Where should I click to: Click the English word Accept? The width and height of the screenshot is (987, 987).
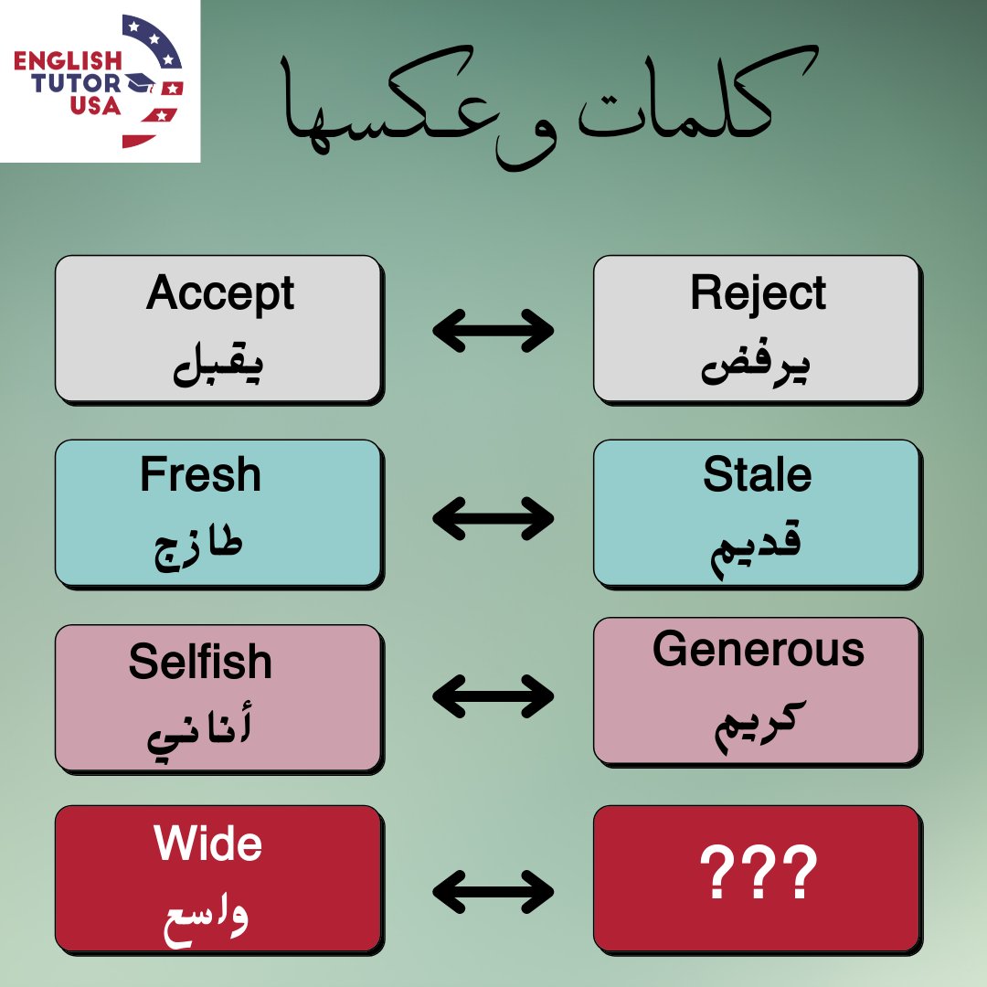219,294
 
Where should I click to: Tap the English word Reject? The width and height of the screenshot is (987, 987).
758,294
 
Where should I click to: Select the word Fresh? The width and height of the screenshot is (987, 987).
200,475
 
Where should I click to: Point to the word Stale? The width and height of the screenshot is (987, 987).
757,475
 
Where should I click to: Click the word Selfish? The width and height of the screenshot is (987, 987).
200,662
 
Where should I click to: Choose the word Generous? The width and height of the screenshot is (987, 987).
758,650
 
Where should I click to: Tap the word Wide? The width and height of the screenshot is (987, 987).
208,844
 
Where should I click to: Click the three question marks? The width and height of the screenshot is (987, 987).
758,875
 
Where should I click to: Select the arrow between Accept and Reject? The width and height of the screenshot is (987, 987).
493,331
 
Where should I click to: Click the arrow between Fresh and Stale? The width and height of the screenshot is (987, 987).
493,519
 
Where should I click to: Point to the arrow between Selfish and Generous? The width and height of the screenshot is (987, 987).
493,697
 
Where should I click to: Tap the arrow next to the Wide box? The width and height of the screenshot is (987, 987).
493,890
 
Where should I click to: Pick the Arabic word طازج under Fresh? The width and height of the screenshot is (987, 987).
198,549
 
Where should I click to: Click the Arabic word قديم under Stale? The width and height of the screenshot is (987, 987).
757,550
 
